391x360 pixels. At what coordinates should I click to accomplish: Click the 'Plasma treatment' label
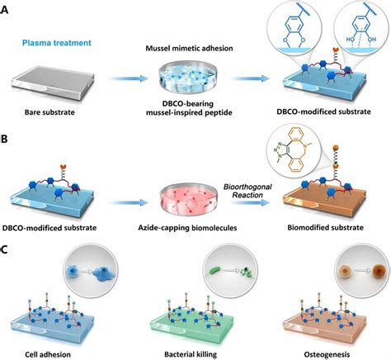click(x=57, y=43)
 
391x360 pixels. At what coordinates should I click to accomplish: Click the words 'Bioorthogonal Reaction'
click(x=247, y=191)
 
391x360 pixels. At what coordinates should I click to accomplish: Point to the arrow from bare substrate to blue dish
click(x=129, y=78)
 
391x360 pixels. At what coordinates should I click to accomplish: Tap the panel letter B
click(x=4, y=139)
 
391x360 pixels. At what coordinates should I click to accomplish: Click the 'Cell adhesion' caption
click(x=48, y=354)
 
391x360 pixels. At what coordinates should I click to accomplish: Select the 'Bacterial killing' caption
click(x=191, y=354)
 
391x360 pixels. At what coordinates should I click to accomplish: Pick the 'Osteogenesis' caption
click(x=327, y=354)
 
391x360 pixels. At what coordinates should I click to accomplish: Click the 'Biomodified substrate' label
click(x=326, y=228)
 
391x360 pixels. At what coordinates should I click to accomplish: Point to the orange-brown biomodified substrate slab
click(x=324, y=200)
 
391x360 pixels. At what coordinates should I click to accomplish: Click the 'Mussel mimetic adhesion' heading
click(x=189, y=49)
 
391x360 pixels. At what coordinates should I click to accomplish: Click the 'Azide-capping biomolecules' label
click(x=187, y=228)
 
